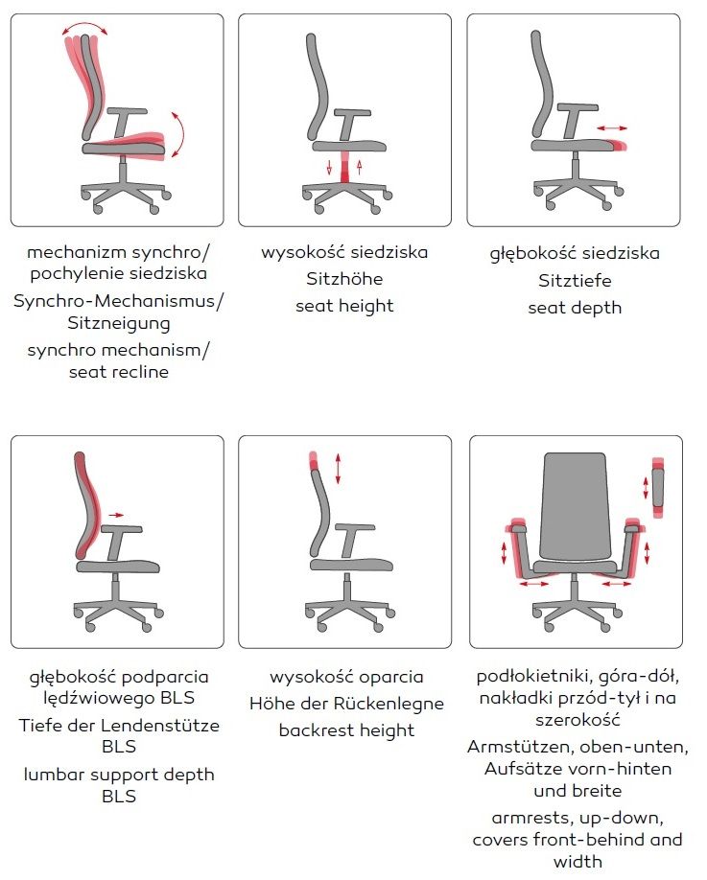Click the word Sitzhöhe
[x=344, y=278]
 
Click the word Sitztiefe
[x=575, y=280]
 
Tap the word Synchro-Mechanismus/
[x=119, y=301]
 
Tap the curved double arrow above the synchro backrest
[x=84, y=27]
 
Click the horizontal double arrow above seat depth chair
[x=611, y=128]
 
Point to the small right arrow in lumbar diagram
[x=116, y=515]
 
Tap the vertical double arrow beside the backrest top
[x=338, y=469]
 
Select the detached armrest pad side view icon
[x=657, y=487]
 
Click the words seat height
[x=344, y=307]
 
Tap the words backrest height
[x=346, y=730]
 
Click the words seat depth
[x=575, y=308]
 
